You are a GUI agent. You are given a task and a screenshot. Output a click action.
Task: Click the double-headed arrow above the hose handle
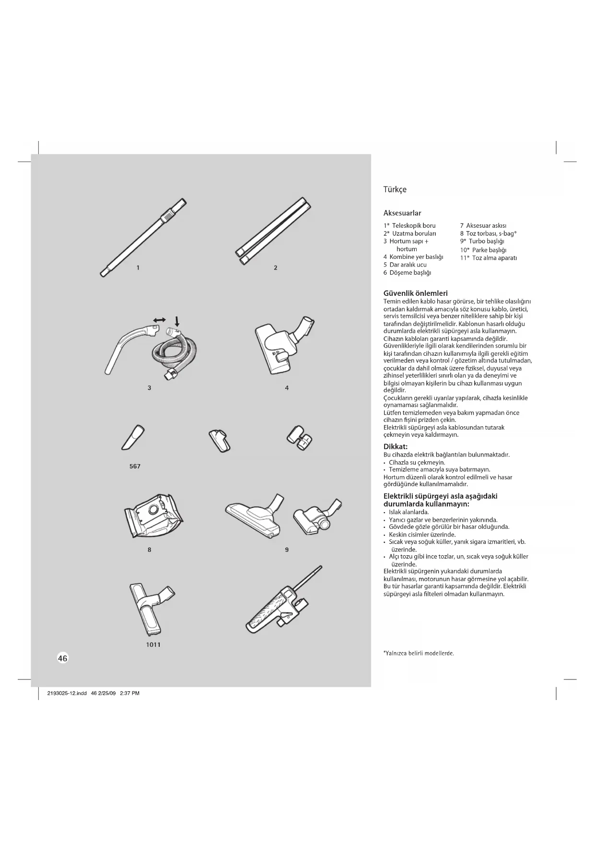tap(159, 319)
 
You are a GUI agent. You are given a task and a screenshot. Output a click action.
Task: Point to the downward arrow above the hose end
tap(177, 320)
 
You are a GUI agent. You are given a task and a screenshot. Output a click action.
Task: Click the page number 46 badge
tap(63, 658)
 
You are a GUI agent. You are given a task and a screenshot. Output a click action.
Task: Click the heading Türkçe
tap(395, 189)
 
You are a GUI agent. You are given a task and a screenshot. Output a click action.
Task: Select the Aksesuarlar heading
tap(402, 213)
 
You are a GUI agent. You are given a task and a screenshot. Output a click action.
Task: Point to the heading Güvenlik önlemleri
tap(415, 293)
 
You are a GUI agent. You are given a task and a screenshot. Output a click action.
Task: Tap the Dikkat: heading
tap(395, 446)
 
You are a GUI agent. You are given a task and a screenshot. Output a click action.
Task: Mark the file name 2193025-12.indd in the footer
tap(67, 693)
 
